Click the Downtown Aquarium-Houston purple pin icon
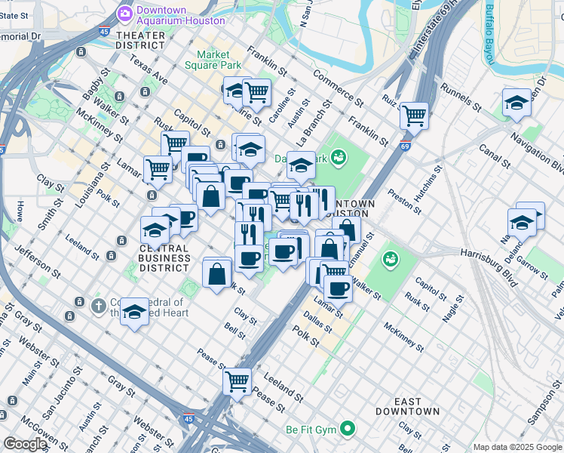point(124,14)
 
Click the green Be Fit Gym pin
point(347,429)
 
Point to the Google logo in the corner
point(25,444)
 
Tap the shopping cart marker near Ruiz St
point(414,116)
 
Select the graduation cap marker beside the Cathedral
point(134,310)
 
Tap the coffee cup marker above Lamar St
point(338,287)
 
